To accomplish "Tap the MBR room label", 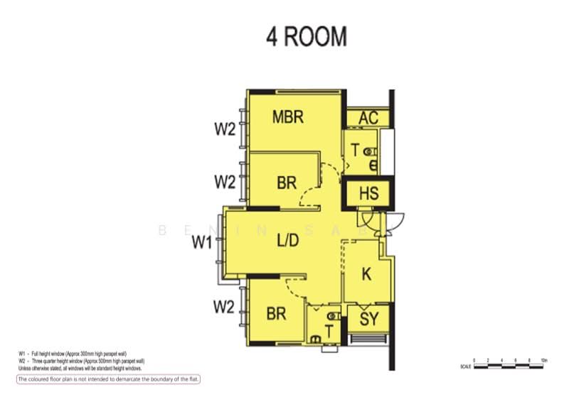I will pos(288,117).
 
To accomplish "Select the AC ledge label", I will pos(368,118).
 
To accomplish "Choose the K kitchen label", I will pos(367,274).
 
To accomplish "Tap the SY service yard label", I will pos(369,320).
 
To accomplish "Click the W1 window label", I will pos(203,243).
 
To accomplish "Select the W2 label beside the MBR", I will pos(225,129).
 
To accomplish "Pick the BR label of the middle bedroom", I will pos(286,183).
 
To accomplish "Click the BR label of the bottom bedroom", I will pos(276,313).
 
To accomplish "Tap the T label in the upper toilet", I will pos(355,150).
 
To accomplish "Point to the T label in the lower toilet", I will pos(329,331).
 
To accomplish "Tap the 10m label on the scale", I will pos(544,361).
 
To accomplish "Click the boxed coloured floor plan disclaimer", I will pos(109,379).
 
